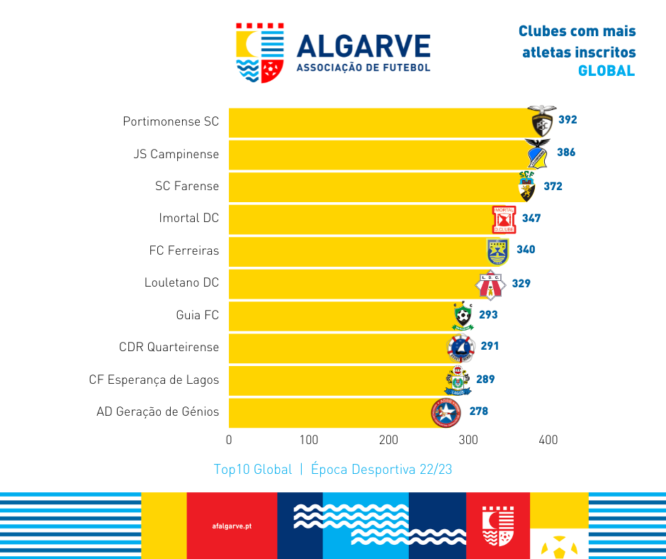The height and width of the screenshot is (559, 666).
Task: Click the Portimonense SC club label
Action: pyautogui.click(x=171, y=121)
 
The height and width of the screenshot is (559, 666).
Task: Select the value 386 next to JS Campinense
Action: pyautogui.click(x=566, y=153)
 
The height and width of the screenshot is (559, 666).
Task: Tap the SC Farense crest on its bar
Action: pyautogui.click(x=527, y=187)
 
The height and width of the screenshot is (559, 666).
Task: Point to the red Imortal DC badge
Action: pyautogui.click(x=504, y=219)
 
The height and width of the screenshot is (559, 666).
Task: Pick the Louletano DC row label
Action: pyautogui.click(x=181, y=282)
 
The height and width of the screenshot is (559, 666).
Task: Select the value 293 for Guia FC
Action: pyautogui.click(x=488, y=314)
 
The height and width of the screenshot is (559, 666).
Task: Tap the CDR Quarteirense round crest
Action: pyautogui.click(x=461, y=348)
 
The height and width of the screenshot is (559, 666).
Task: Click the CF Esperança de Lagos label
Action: pyautogui.click(x=154, y=380)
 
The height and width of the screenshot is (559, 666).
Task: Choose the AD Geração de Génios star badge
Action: pyautogui.click(x=446, y=412)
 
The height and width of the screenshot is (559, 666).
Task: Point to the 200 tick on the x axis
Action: pyautogui.click(x=389, y=440)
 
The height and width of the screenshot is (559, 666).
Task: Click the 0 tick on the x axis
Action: pyautogui.click(x=229, y=440)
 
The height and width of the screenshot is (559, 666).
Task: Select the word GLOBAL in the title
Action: pyautogui.click(x=606, y=71)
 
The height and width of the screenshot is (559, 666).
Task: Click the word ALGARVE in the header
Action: pyautogui.click(x=363, y=46)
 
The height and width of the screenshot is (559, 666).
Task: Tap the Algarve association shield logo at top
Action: pyautogui.click(x=260, y=52)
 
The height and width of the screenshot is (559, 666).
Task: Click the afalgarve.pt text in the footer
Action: pyautogui.click(x=232, y=526)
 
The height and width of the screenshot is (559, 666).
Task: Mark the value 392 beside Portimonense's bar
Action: pyautogui.click(x=568, y=120)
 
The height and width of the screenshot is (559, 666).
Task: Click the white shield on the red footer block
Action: pyautogui.click(x=497, y=526)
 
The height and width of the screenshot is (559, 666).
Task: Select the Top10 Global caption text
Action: pyautogui.click(x=252, y=470)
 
